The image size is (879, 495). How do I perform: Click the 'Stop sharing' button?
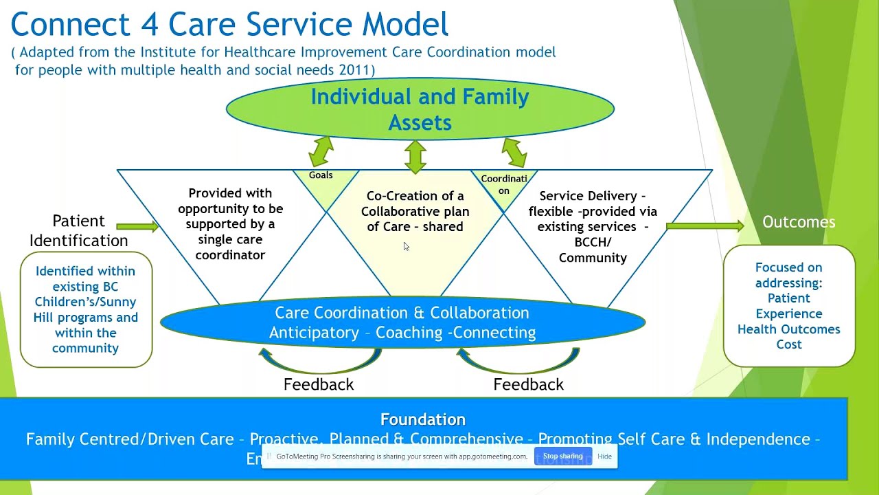[562, 456]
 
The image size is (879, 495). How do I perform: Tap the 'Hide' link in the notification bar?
[604, 456]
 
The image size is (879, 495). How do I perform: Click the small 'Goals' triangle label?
[321, 175]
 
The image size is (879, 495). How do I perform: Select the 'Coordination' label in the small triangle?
[504, 184]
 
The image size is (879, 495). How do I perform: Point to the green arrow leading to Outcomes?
[705, 225]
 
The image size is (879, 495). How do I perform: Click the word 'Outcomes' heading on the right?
[799, 222]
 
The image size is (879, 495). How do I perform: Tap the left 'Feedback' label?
[319, 384]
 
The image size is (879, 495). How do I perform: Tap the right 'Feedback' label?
[528, 384]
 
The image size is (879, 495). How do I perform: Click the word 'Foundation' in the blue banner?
[423, 419]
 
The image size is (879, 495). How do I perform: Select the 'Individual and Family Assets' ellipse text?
[420, 109]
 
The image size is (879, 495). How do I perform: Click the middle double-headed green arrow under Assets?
[415, 156]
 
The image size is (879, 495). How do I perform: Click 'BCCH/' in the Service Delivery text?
[593, 242]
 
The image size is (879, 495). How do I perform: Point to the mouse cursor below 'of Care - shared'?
[406, 246]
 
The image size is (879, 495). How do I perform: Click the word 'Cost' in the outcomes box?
[788, 344]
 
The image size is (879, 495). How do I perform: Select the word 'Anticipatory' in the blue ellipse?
[314, 333]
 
